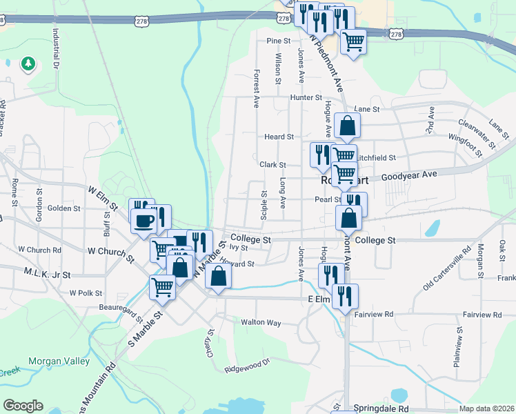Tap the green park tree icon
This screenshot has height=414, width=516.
(28, 64)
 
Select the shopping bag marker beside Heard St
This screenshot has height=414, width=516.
(349, 126)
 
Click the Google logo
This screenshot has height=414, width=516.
(23, 406)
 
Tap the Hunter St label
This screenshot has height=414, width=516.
(301, 97)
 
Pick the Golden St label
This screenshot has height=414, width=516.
(63, 208)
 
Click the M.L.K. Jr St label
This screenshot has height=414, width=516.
(43, 273)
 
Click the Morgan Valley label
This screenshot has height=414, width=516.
(59, 362)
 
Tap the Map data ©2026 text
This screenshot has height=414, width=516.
(486, 408)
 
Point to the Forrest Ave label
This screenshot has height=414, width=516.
(257, 88)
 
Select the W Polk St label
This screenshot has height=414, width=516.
(86, 293)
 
